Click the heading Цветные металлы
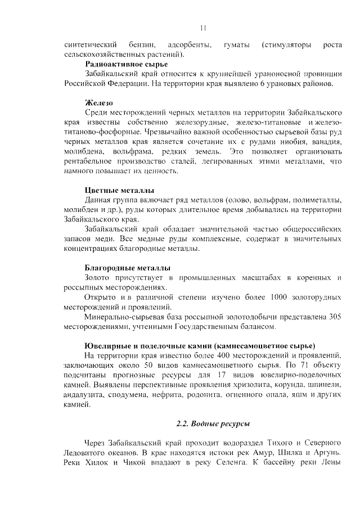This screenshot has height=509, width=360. click(x=119, y=190)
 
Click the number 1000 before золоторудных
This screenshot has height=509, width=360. click(x=280, y=296)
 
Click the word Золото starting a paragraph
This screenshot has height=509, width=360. click(x=98, y=277)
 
